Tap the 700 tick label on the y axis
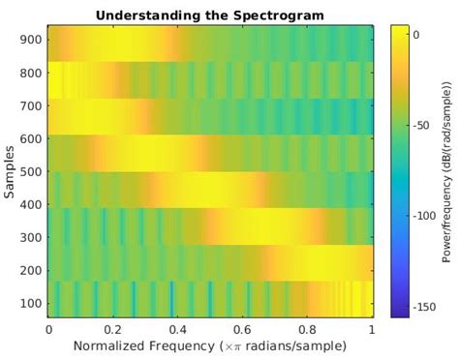pyautogui.click(x=30, y=109)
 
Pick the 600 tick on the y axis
pyautogui.click(x=30, y=141)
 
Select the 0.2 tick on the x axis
pyautogui.click(x=113, y=329)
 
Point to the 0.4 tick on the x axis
pyautogui.click(x=178, y=329)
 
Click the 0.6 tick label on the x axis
pyautogui.click(x=243, y=329)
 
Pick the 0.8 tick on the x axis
pyautogui.click(x=308, y=329)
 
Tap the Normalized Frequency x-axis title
pyautogui.click(x=210, y=345)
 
